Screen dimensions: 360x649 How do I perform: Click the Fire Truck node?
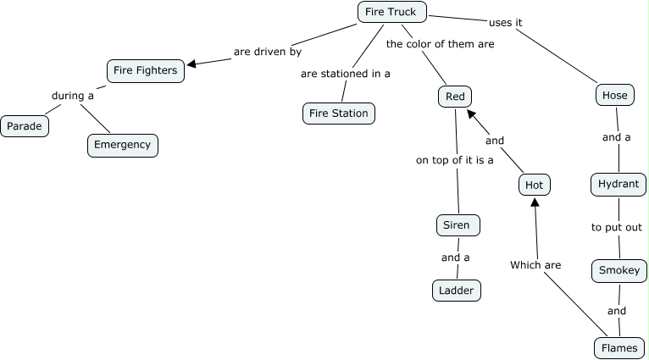tap(391, 12)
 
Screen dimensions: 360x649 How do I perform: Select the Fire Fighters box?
tap(146, 70)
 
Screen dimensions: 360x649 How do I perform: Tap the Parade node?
tap(25, 126)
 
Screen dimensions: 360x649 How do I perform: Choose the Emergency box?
tap(123, 145)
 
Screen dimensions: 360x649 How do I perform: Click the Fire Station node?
tap(338, 113)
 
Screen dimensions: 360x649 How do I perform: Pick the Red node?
tap(455, 97)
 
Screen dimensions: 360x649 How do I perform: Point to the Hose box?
tap(614, 95)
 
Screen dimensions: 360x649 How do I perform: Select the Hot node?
tap(535, 185)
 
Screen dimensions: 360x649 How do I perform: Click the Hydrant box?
tap(618, 184)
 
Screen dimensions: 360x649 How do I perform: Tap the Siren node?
tap(458, 225)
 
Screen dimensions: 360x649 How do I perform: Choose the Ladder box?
tap(457, 291)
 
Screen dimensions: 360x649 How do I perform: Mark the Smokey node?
tap(619, 270)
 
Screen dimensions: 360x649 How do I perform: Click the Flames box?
tap(619, 347)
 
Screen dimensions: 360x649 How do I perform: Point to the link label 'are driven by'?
tap(268, 52)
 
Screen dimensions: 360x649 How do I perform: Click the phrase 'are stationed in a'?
tap(346, 74)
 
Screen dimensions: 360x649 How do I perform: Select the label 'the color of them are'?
tap(440, 44)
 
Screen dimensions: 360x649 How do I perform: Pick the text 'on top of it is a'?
tap(455, 159)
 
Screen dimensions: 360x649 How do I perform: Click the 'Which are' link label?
tap(535, 265)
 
